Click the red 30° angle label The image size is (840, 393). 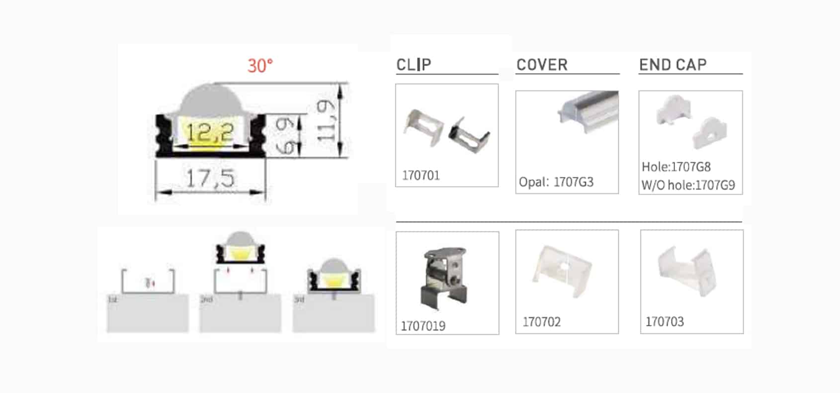click(260, 66)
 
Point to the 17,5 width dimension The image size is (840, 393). click(210, 178)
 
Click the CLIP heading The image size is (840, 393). click(414, 65)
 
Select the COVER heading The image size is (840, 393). click(542, 65)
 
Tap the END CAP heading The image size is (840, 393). click(672, 65)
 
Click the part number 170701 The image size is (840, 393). click(421, 175)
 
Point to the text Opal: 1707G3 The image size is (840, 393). click(556, 182)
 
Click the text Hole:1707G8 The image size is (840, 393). click(676, 167)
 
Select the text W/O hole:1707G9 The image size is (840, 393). click(688, 185)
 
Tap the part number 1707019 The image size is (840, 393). click(423, 326)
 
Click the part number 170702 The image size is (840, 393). click(542, 322)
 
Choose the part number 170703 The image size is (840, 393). click(665, 322)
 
